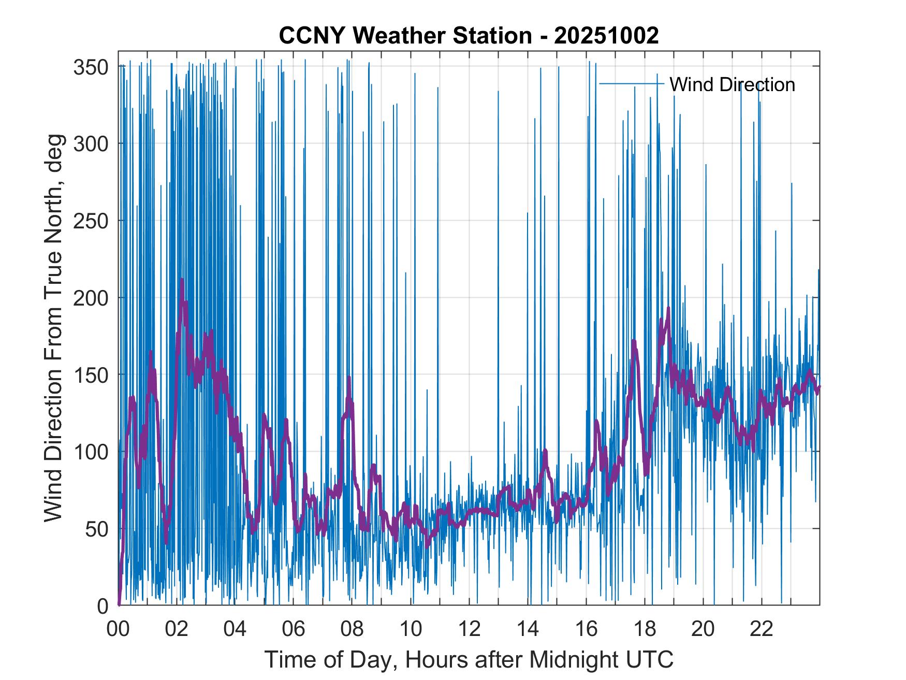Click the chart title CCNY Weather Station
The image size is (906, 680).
(469, 36)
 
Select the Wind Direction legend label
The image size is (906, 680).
(732, 84)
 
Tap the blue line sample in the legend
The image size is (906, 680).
(631, 84)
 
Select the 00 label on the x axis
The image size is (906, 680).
(118, 629)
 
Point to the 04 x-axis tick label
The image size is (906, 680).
(235, 629)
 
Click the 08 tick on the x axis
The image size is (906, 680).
(352, 629)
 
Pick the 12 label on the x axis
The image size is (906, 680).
(469, 629)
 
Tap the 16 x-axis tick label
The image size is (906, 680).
(586, 629)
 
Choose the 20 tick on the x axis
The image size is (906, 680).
(703, 629)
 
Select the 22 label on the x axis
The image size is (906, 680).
(762, 629)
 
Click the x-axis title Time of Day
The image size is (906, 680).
(469, 659)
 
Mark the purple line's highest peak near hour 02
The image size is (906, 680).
(181, 280)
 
